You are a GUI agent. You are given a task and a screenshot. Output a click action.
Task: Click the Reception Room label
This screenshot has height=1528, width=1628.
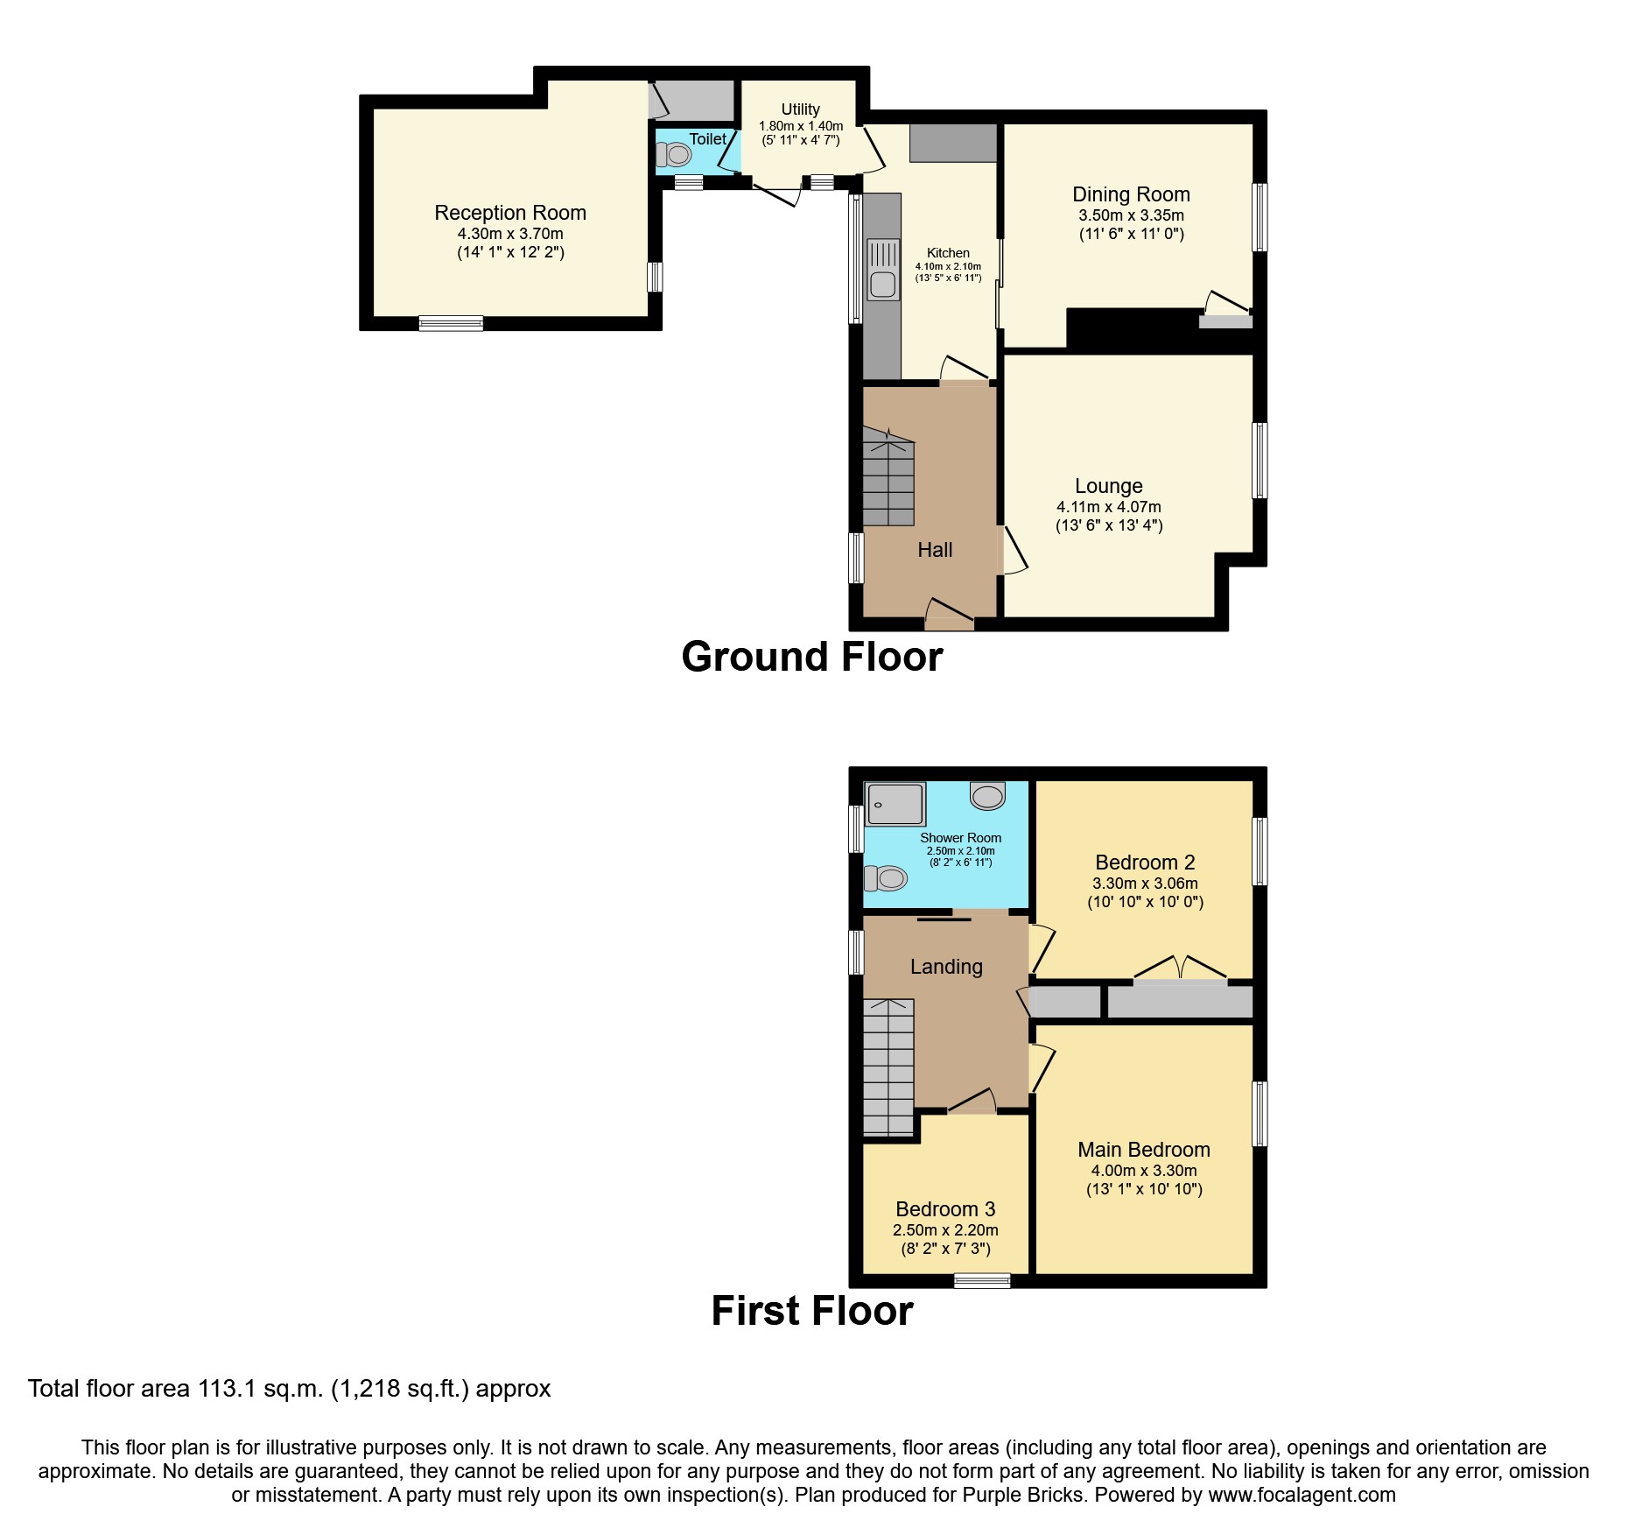510,213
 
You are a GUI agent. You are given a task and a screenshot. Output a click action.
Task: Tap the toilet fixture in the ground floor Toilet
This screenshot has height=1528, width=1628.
675,155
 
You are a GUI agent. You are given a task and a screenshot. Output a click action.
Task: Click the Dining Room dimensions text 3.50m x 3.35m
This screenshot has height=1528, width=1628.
1131,215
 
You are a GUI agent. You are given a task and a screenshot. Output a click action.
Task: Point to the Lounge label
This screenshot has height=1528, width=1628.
1108,486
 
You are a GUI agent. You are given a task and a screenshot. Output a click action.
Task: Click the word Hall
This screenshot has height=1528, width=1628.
935,550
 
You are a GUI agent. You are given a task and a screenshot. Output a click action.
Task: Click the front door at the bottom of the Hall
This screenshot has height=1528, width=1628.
949,616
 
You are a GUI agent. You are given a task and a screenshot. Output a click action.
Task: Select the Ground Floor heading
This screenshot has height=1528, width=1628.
811,657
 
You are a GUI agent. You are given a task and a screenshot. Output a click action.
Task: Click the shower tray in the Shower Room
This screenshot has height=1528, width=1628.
895,804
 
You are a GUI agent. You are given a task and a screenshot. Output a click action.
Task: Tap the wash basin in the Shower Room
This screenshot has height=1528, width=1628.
987,796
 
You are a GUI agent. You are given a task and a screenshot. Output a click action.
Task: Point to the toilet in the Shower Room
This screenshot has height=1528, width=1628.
886,877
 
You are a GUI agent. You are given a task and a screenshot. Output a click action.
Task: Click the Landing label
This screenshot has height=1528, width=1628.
946,967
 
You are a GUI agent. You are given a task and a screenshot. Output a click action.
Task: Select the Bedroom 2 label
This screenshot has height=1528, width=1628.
1145,863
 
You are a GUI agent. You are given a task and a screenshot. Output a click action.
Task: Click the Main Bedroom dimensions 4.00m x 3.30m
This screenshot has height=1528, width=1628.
1144,1171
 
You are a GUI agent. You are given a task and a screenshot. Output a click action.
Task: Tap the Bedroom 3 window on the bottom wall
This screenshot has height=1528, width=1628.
982,1281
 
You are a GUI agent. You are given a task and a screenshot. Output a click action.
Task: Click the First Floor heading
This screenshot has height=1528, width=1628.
811,1312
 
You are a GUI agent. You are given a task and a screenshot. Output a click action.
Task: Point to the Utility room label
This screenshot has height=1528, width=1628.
800,109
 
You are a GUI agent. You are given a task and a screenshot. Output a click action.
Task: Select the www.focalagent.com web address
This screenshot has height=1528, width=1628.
1302,1495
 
